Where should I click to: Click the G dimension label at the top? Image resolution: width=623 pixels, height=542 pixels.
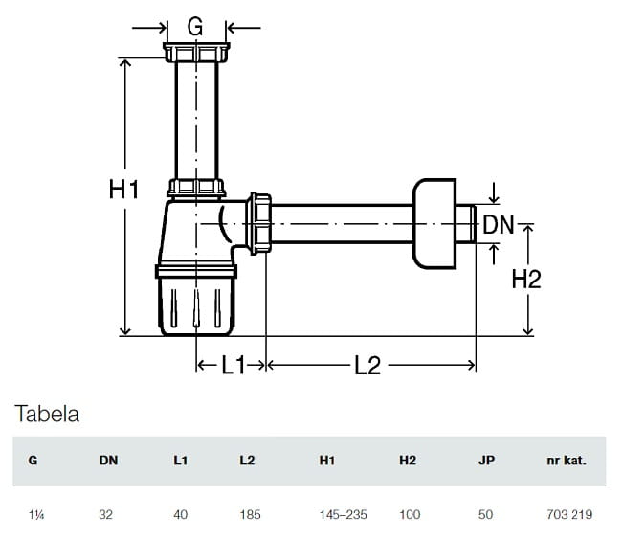coord(195,27)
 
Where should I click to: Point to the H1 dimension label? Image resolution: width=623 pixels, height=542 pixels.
coord(123,190)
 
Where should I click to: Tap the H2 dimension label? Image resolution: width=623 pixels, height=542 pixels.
coord(526,279)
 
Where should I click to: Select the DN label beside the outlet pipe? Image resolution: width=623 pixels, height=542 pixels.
coord(499,225)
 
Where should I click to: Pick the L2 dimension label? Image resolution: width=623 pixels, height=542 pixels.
coord(367,365)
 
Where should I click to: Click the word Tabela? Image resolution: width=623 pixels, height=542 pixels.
coord(47,415)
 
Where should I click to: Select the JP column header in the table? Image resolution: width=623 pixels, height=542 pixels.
coord(486,460)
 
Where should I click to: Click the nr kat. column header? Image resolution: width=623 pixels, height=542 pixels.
coord(567,460)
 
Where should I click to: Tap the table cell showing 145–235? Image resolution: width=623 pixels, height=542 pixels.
coord(343,514)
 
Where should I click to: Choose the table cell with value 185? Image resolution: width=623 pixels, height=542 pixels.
coord(250,514)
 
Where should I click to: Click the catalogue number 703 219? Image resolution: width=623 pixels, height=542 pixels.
coord(569,514)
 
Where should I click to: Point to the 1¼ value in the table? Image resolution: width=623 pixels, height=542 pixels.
coord(34,514)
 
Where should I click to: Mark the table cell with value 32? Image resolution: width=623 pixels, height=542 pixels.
coord(107,514)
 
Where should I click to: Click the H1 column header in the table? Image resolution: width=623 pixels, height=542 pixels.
coord(327,460)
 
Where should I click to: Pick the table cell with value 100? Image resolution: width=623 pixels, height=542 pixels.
coord(410,514)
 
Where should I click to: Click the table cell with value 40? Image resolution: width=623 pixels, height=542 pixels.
coord(181,514)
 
